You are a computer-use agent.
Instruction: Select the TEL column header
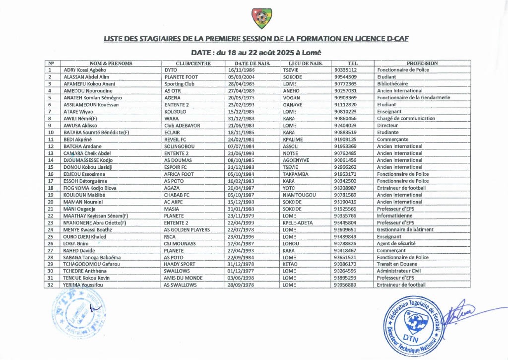(x=352, y=64)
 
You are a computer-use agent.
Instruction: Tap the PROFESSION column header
(x=422, y=64)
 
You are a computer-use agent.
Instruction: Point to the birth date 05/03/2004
(x=242, y=77)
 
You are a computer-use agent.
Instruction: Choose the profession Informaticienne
(x=395, y=216)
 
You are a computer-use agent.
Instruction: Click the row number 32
(x=51, y=285)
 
